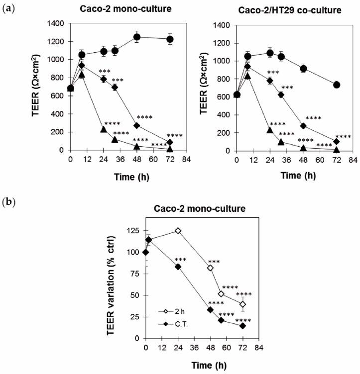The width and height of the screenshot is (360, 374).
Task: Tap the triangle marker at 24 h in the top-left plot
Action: click(x=104, y=129)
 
